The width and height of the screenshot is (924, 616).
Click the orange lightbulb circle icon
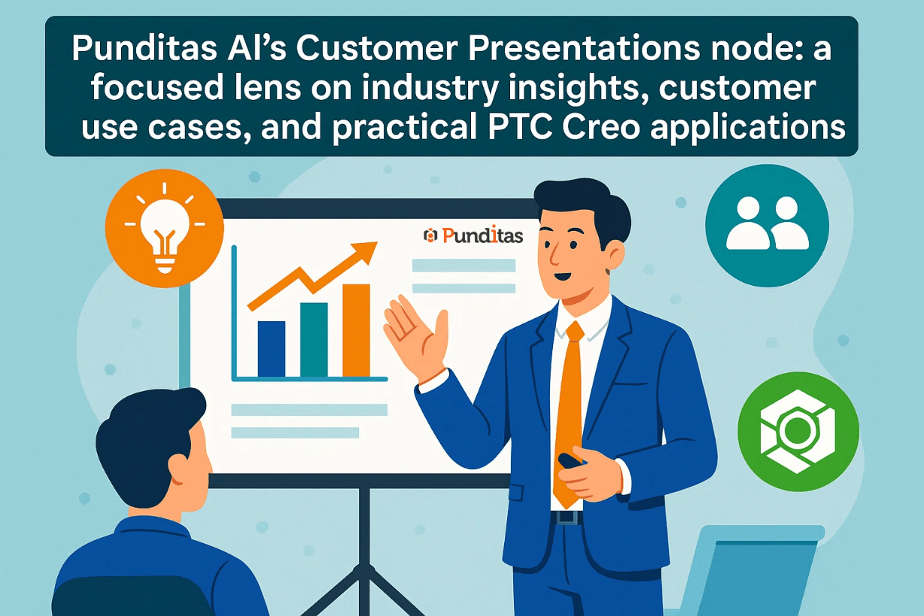(x=165, y=228)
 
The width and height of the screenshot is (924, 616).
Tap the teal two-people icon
(x=767, y=225)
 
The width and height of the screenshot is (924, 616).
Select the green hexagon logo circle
(x=798, y=431)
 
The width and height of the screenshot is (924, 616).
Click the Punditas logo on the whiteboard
(x=473, y=235)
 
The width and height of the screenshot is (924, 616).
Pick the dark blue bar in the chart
(x=272, y=349)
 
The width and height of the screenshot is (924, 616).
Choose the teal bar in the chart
(x=314, y=340)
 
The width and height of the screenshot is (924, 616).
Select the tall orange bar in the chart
(x=357, y=330)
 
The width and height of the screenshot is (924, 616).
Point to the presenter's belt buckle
(x=567, y=517)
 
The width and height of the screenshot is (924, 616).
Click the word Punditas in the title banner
(x=144, y=48)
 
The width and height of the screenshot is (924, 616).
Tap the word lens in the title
(x=267, y=87)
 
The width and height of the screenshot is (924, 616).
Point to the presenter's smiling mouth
(x=563, y=275)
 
